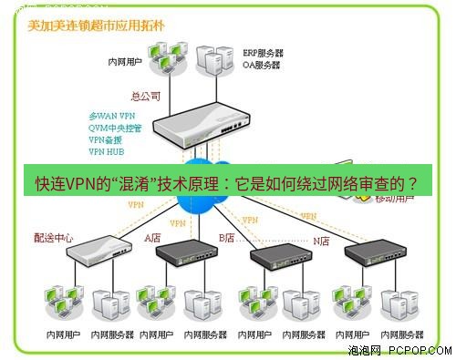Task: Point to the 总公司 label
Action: click(x=147, y=94)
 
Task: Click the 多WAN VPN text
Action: click(x=111, y=118)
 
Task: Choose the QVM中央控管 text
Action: click(x=116, y=129)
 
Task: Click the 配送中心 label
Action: click(x=53, y=238)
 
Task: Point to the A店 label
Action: click(x=151, y=238)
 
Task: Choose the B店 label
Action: click(x=227, y=238)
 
